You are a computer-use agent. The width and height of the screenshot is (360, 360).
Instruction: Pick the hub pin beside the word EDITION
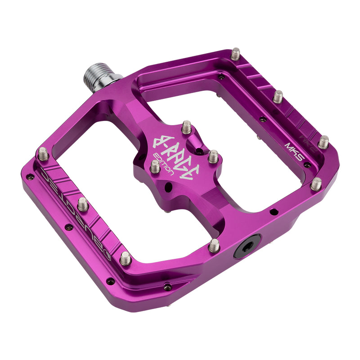pos(155,166)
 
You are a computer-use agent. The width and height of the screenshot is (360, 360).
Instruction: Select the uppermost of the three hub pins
pos(187,127)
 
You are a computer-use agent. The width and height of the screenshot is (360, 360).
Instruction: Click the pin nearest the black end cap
pos(214,245)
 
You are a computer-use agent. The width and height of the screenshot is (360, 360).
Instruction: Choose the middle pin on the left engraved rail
pos(82,204)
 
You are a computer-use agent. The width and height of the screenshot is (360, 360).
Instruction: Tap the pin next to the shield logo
pos(126,258)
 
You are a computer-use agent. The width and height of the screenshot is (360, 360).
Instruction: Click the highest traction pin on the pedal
pos(236,54)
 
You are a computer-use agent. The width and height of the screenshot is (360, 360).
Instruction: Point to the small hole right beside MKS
pos(307,165)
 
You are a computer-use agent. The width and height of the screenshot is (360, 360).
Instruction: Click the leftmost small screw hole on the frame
pos(30,177)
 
